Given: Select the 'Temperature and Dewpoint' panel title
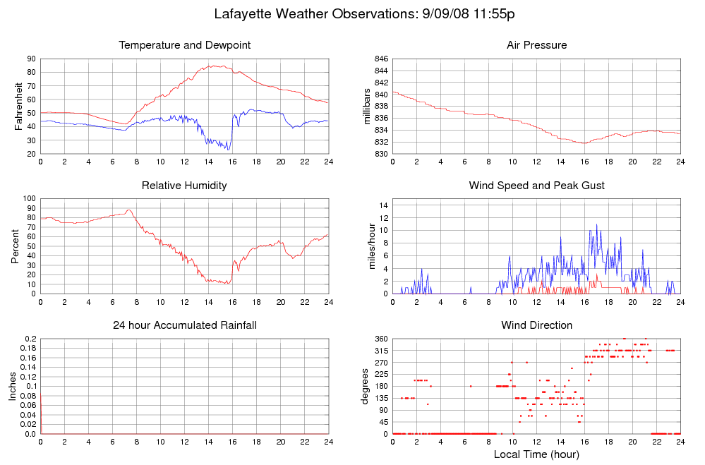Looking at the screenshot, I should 185,45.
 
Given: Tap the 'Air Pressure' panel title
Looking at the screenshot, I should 536,45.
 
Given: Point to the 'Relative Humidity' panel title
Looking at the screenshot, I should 185,186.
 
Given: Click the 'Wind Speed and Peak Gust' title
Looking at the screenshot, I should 536,186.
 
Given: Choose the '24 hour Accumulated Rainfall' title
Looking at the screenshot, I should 185,325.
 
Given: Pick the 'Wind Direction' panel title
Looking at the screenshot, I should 536,325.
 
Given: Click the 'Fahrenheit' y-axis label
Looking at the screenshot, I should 18,107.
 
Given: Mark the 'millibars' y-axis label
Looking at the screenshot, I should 368,107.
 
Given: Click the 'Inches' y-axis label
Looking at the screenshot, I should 13,386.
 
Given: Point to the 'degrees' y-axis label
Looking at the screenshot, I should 366,386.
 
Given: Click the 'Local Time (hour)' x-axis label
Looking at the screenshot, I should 536,454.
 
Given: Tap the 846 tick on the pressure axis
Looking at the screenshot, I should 379,59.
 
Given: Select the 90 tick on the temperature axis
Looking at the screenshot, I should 32,59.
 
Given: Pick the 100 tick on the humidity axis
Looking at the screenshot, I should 29,198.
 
